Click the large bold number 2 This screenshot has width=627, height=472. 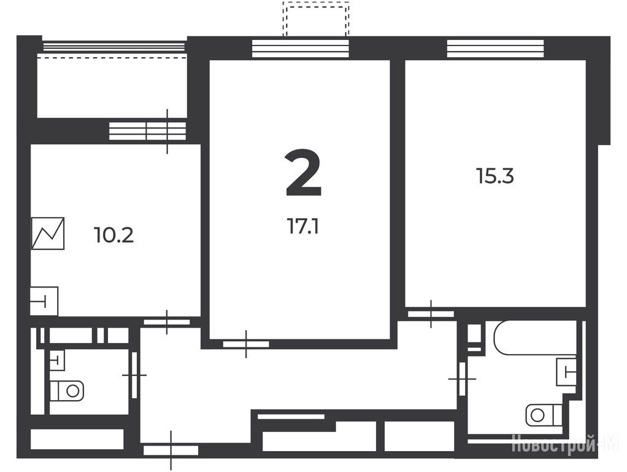click(x=304, y=173)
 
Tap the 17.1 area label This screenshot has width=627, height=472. click(x=302, y=227)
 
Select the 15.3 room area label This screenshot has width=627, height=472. click(x=494, y=176)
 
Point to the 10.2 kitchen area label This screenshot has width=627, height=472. click(x=113, y=235)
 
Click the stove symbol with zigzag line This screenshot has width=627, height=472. click(x=48, y=233)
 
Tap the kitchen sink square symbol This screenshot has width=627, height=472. click(x=44, y=301)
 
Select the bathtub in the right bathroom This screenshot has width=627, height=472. click(x=535, y=337)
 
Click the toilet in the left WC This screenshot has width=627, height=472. click(x=67, y=391)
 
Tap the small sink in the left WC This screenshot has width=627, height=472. click(x=57, y=360)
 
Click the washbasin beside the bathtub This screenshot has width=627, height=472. click(x=566, y=371)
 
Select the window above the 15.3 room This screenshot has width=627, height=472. click(x=495, y=49)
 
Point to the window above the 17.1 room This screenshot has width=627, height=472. click(x=300, y=49)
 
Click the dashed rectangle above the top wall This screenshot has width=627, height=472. click(x=316, y=18)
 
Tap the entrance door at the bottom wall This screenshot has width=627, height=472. click(x=171, y=450)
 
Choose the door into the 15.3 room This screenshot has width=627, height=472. click(x=431, y=314)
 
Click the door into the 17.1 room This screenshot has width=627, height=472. click(x=246, y=344)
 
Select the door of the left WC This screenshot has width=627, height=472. click(x=134, y=375)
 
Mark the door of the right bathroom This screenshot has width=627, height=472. click(x=462, y=378)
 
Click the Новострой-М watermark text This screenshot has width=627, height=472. click(x=564, y=444)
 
